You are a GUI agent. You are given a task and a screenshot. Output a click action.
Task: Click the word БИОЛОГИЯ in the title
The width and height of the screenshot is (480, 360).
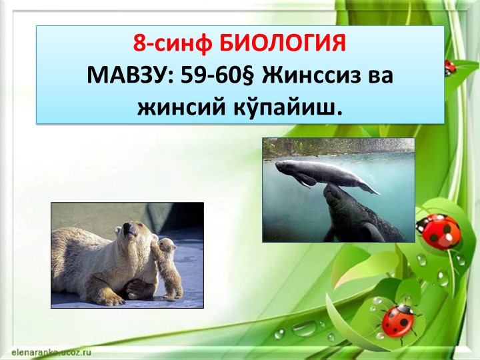pos(283,44)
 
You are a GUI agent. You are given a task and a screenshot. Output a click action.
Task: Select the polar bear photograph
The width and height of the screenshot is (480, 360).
pos(127,255)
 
